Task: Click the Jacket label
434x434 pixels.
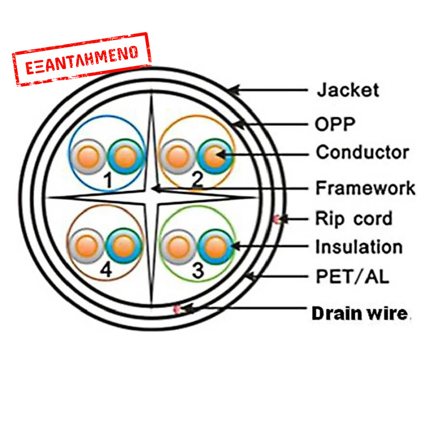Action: click(348, 90)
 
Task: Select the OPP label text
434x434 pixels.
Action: click(335, 124)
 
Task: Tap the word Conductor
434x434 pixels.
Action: click(362, 152)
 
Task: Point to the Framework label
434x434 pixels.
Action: click(365, 188)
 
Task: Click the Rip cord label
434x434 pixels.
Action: click(353, 219)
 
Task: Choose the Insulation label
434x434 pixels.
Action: click(359, 247)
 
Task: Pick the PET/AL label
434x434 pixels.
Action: click(352, 277)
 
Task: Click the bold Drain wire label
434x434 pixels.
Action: click(360, 313)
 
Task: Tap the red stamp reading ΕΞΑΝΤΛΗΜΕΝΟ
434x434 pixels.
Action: click(81, 59)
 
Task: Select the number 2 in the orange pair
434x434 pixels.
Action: click(197, 177)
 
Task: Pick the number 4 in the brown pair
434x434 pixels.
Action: click(106, 270)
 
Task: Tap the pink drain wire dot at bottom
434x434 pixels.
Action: click(176, 309)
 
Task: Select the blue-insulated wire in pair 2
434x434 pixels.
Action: click(214, 156)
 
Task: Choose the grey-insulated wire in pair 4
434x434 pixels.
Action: click(86, 246)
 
